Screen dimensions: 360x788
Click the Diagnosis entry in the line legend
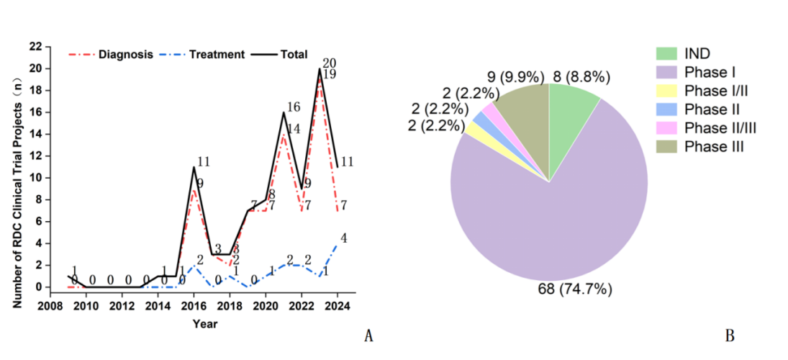click(x=125, y=55)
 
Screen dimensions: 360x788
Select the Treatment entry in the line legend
click(x=217, y=55)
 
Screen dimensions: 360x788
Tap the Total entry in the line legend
click(x=294, y=55)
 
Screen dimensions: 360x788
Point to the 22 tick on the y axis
click(x=35, y=47)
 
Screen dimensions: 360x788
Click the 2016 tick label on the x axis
click(x=194, y=305)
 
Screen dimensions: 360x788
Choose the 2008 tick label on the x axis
click(x=50, y=305)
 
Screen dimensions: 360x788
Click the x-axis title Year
click(x=204, y=323)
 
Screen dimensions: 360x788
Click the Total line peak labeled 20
click(x=320, y=69)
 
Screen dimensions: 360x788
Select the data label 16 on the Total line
click(x=294, y=107)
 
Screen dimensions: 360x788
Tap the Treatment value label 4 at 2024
click(x=343, y=238)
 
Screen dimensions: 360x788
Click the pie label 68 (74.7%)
click(x=574, y=290)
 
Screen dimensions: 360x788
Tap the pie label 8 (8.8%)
click(x=582, y=76)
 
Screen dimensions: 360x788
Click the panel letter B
click(x=729, y=336)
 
